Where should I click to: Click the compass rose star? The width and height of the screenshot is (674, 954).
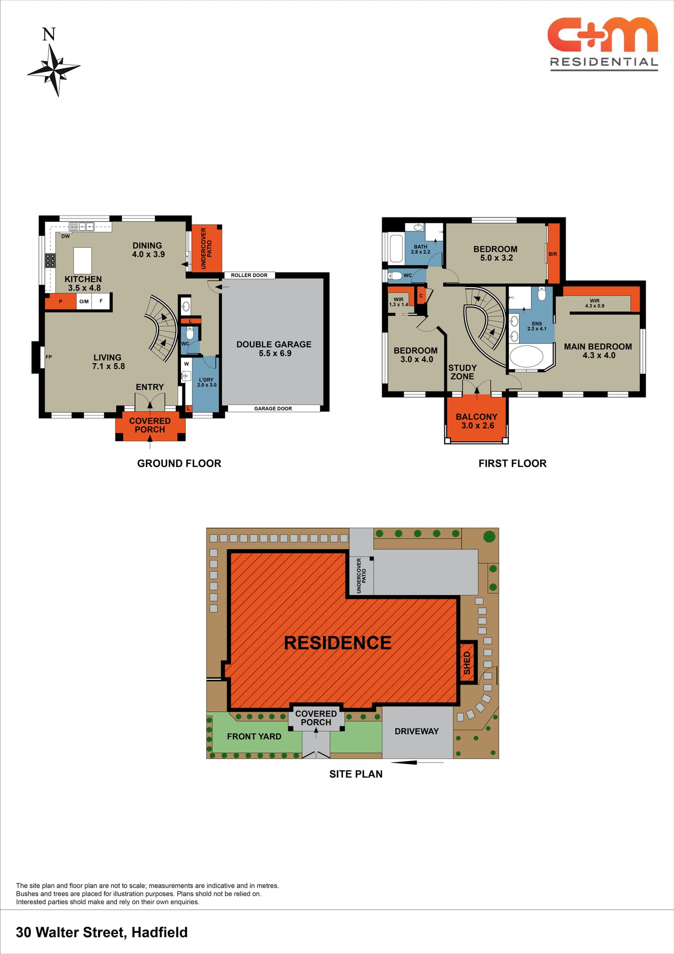click(54, 70)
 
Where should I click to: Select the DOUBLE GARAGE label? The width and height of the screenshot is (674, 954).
click(274, 349)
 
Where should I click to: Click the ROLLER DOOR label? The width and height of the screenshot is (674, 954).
click(249, 275)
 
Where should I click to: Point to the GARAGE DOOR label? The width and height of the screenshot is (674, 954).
click(273, 408)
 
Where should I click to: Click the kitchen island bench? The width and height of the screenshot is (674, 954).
click(82, 260)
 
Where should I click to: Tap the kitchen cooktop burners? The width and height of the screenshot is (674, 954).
click(50, 261)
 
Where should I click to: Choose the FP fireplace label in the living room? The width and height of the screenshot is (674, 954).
click(49, 357)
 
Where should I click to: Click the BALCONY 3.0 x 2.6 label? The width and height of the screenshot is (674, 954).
click(477, 421)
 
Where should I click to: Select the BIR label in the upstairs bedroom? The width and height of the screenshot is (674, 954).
click(553, 254)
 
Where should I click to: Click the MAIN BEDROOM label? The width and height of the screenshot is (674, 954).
click(598, 351)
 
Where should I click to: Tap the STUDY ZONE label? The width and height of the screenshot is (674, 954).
click(462, 372)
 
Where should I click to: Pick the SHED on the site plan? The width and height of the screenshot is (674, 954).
click(467, 662)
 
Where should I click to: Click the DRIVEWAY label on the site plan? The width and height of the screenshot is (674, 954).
click(417, 731)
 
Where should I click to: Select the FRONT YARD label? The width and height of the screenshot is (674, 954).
click(254, 737)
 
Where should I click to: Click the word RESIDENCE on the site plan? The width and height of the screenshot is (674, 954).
click(337, 643)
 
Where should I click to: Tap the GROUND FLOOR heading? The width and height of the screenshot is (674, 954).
click(179, 463)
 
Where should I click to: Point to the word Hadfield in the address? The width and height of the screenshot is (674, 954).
click(159, 932)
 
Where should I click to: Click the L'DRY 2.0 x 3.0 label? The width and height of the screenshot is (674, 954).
click(207, 382)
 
